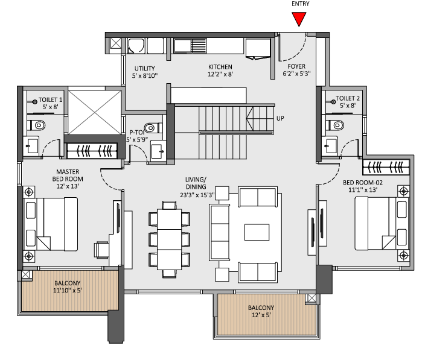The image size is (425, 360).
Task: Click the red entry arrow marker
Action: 298,19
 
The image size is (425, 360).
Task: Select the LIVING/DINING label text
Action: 196,183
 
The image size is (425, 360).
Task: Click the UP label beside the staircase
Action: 280,118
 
